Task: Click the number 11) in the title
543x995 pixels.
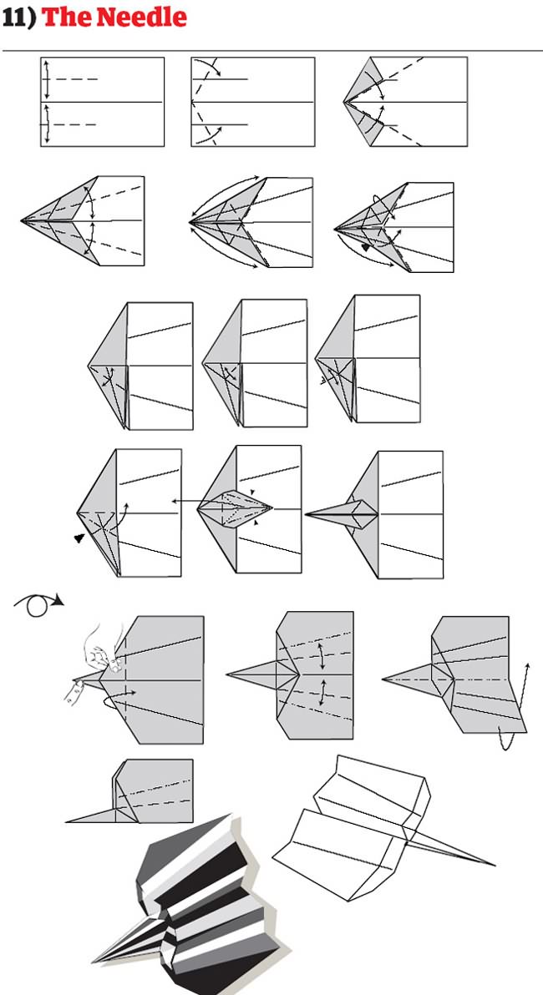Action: (18, 18)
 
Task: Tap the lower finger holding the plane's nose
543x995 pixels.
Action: (76, 689)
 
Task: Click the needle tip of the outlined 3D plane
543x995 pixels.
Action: (493, 864)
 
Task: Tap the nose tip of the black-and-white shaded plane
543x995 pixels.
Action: (93, 960)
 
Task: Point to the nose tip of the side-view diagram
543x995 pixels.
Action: (67, 821)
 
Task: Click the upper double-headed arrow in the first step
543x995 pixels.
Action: (47, 79)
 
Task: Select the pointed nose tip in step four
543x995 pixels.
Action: (23, 220)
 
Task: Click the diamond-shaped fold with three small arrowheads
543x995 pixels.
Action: (236, 506)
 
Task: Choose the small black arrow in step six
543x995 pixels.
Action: (365, 247)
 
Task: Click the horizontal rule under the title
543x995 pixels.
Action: (271, 50)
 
